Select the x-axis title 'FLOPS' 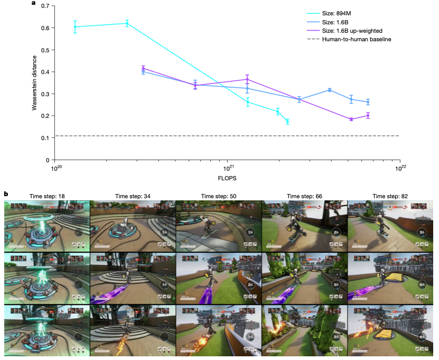pos(228,178)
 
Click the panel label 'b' pos(6,195)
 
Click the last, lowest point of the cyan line pos(287,122)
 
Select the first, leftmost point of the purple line pos(143,68)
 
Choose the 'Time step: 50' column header pos(218,196)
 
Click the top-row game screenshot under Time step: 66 pos(304,226)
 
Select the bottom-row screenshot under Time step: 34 pos(133,331)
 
